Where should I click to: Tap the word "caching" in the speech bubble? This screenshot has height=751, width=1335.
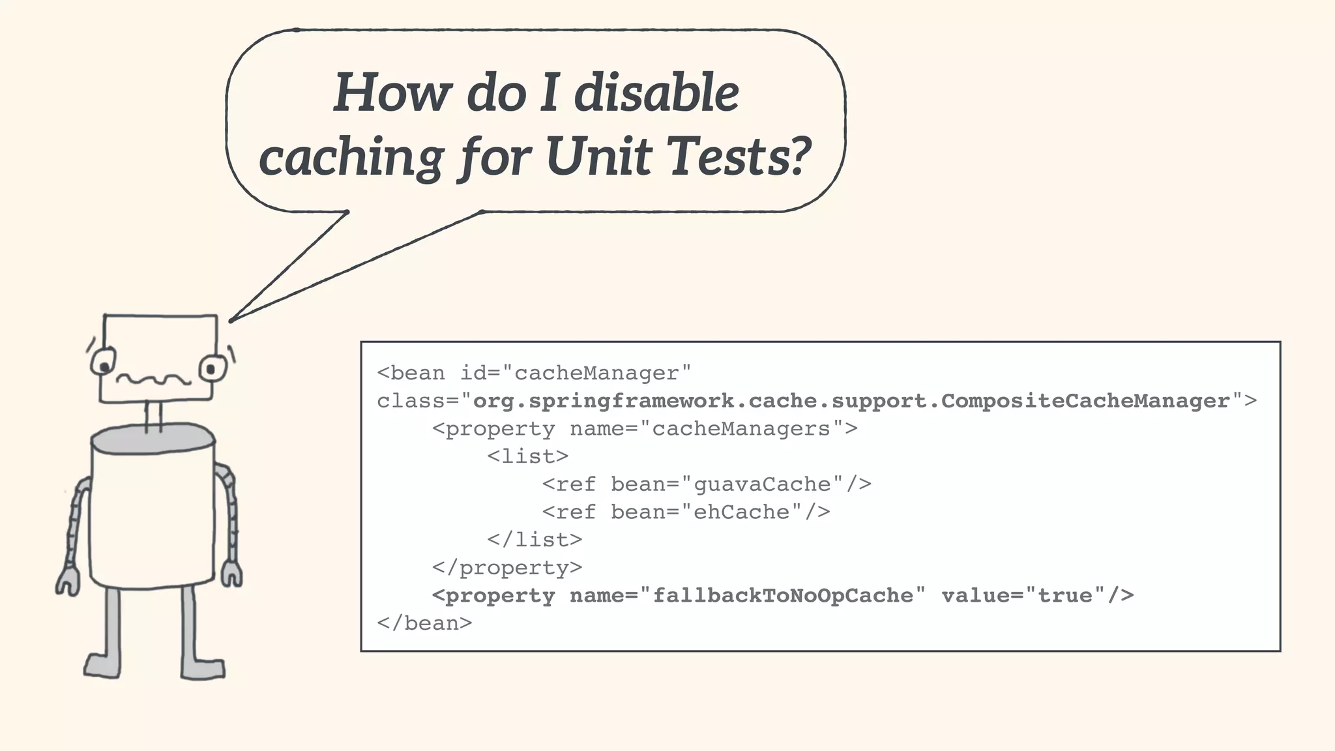click(x=351, y=157)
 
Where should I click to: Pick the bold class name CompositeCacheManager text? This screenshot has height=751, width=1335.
click(x=1085, y=400)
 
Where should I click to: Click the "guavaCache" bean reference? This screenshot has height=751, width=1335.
click(x=762, y=484)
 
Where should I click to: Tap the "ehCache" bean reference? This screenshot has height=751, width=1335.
click(x=741, y=512)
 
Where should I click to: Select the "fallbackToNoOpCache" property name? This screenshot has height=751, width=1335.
click(x=782, y=595)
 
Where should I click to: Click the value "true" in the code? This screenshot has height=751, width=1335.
click(x=1065, y=595)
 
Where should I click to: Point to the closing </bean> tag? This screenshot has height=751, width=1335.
click(x=424, y=623)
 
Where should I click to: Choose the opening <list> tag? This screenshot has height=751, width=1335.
click(x=527, y=456)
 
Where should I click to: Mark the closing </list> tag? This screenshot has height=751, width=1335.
click(x=535, y=540)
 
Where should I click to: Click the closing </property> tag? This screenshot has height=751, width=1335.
click(x=507, y=568)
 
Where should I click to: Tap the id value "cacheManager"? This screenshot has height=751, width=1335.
click(x=596, y=374)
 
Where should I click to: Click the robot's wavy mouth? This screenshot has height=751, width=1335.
click(x=154, y=379)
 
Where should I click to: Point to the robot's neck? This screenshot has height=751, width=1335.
click(x=154, y=416)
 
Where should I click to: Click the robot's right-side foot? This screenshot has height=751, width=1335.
click(x=203, y=668)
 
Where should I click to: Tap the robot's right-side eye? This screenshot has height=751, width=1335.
click(x=212, y=369)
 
